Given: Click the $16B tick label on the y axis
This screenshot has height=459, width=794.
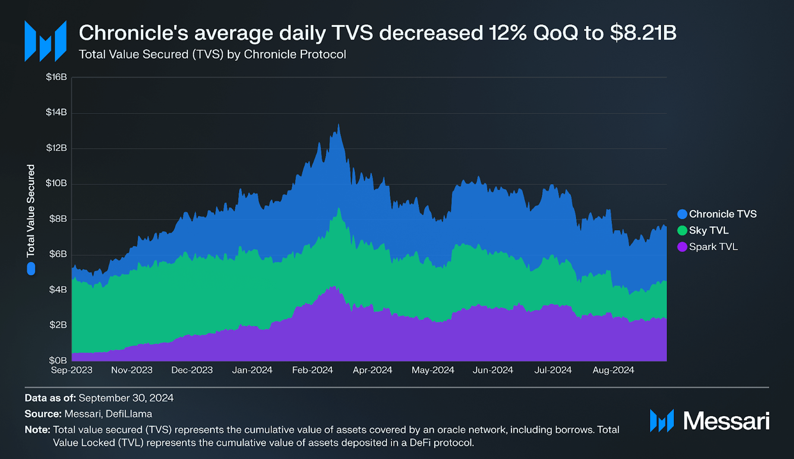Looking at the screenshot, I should (x=56, y=77).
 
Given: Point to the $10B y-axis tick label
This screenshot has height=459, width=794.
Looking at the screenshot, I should (x=56, y=183).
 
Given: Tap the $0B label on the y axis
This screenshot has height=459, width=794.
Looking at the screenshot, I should (x=58, y=360).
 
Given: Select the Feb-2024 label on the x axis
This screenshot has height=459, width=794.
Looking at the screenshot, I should (x=312, y=370).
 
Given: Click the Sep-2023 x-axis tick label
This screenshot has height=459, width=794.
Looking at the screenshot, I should (x=72, y=370).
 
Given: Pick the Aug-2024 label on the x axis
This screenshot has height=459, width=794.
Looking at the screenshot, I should (x=613, y=370).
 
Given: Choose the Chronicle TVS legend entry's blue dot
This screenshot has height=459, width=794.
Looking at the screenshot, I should (x=682, y=214).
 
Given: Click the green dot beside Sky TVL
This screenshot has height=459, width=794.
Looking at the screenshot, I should (x=682, y=231).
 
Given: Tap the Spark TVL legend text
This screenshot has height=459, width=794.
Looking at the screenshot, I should (x=713, y=247).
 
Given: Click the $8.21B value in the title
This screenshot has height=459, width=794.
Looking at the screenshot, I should (x=643, y=33).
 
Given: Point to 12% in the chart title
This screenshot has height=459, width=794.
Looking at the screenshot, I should (x=507, y=33).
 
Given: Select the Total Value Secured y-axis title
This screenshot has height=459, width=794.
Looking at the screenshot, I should (x=31, y=211).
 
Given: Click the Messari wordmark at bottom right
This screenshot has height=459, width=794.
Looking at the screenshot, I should (x=726, y=421).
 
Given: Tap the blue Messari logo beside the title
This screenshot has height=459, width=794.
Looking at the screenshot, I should (x=45, y=41).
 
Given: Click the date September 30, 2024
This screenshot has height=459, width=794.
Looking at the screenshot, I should (x=126, y=398).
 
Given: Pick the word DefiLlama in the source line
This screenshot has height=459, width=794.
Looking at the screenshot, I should (x=129, y=414).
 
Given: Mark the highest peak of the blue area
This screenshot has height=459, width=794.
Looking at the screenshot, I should (x=338, y=125).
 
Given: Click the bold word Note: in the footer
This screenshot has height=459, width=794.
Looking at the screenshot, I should (x=37, y=430).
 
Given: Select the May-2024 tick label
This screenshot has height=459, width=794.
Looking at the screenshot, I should (x=433, y=370).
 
